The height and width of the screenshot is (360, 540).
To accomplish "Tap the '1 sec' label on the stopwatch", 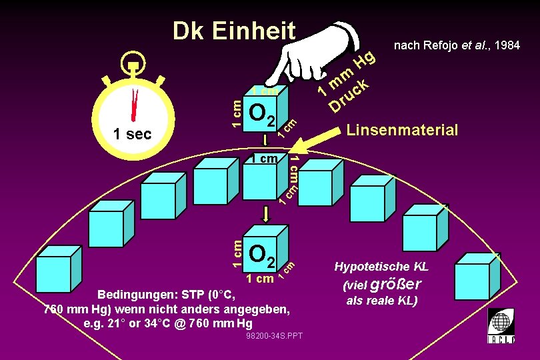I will (x=132, y=134).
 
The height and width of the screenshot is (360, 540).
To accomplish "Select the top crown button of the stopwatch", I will (x=134, y=66).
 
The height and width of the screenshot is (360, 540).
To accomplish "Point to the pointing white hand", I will (x=313, y=51).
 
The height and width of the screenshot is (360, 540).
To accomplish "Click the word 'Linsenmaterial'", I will (x=402, y=130).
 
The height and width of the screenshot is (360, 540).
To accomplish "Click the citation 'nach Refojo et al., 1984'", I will (x=457, y=46).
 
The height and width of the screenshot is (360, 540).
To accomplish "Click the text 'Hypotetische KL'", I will (x=381, y=267).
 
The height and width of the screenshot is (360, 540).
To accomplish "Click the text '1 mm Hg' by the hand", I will (x=347, y=73).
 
